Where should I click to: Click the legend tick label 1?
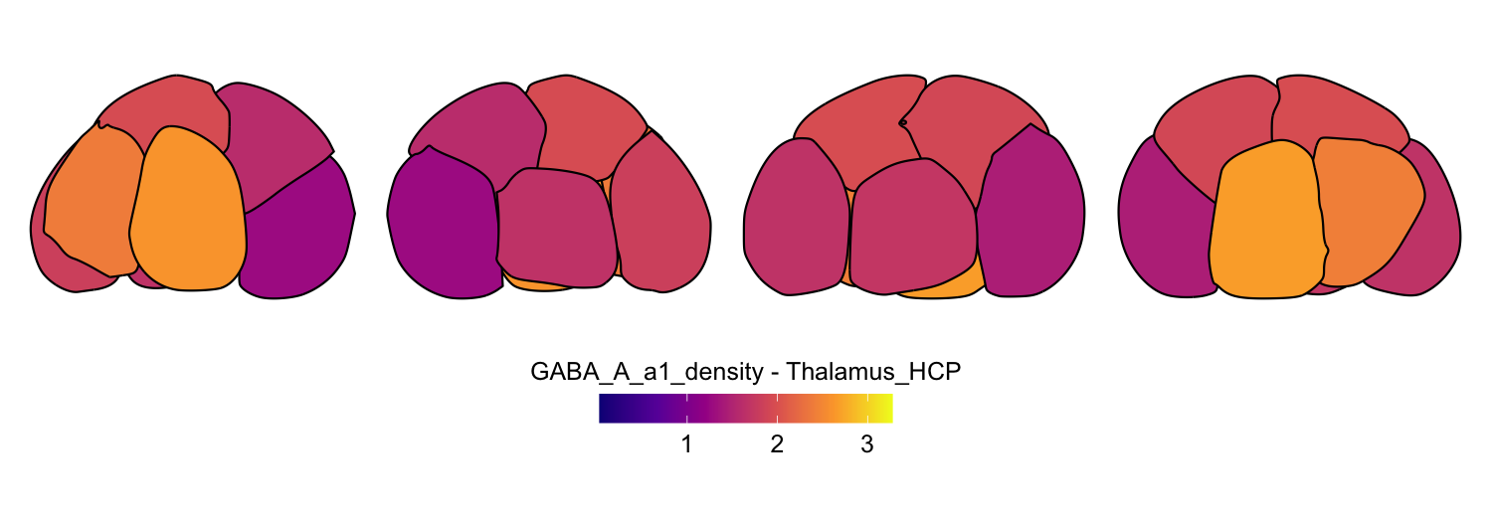pos(686,444)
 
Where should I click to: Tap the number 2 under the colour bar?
pos(777,444)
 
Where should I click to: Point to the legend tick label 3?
pos(866,444)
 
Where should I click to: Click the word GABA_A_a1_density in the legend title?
pos(647,372)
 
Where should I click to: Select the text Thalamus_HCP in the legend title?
pos(873,372)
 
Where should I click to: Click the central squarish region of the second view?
pos(557,228)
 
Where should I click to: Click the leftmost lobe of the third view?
pos(796,217)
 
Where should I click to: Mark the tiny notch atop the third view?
pos(903,122)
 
